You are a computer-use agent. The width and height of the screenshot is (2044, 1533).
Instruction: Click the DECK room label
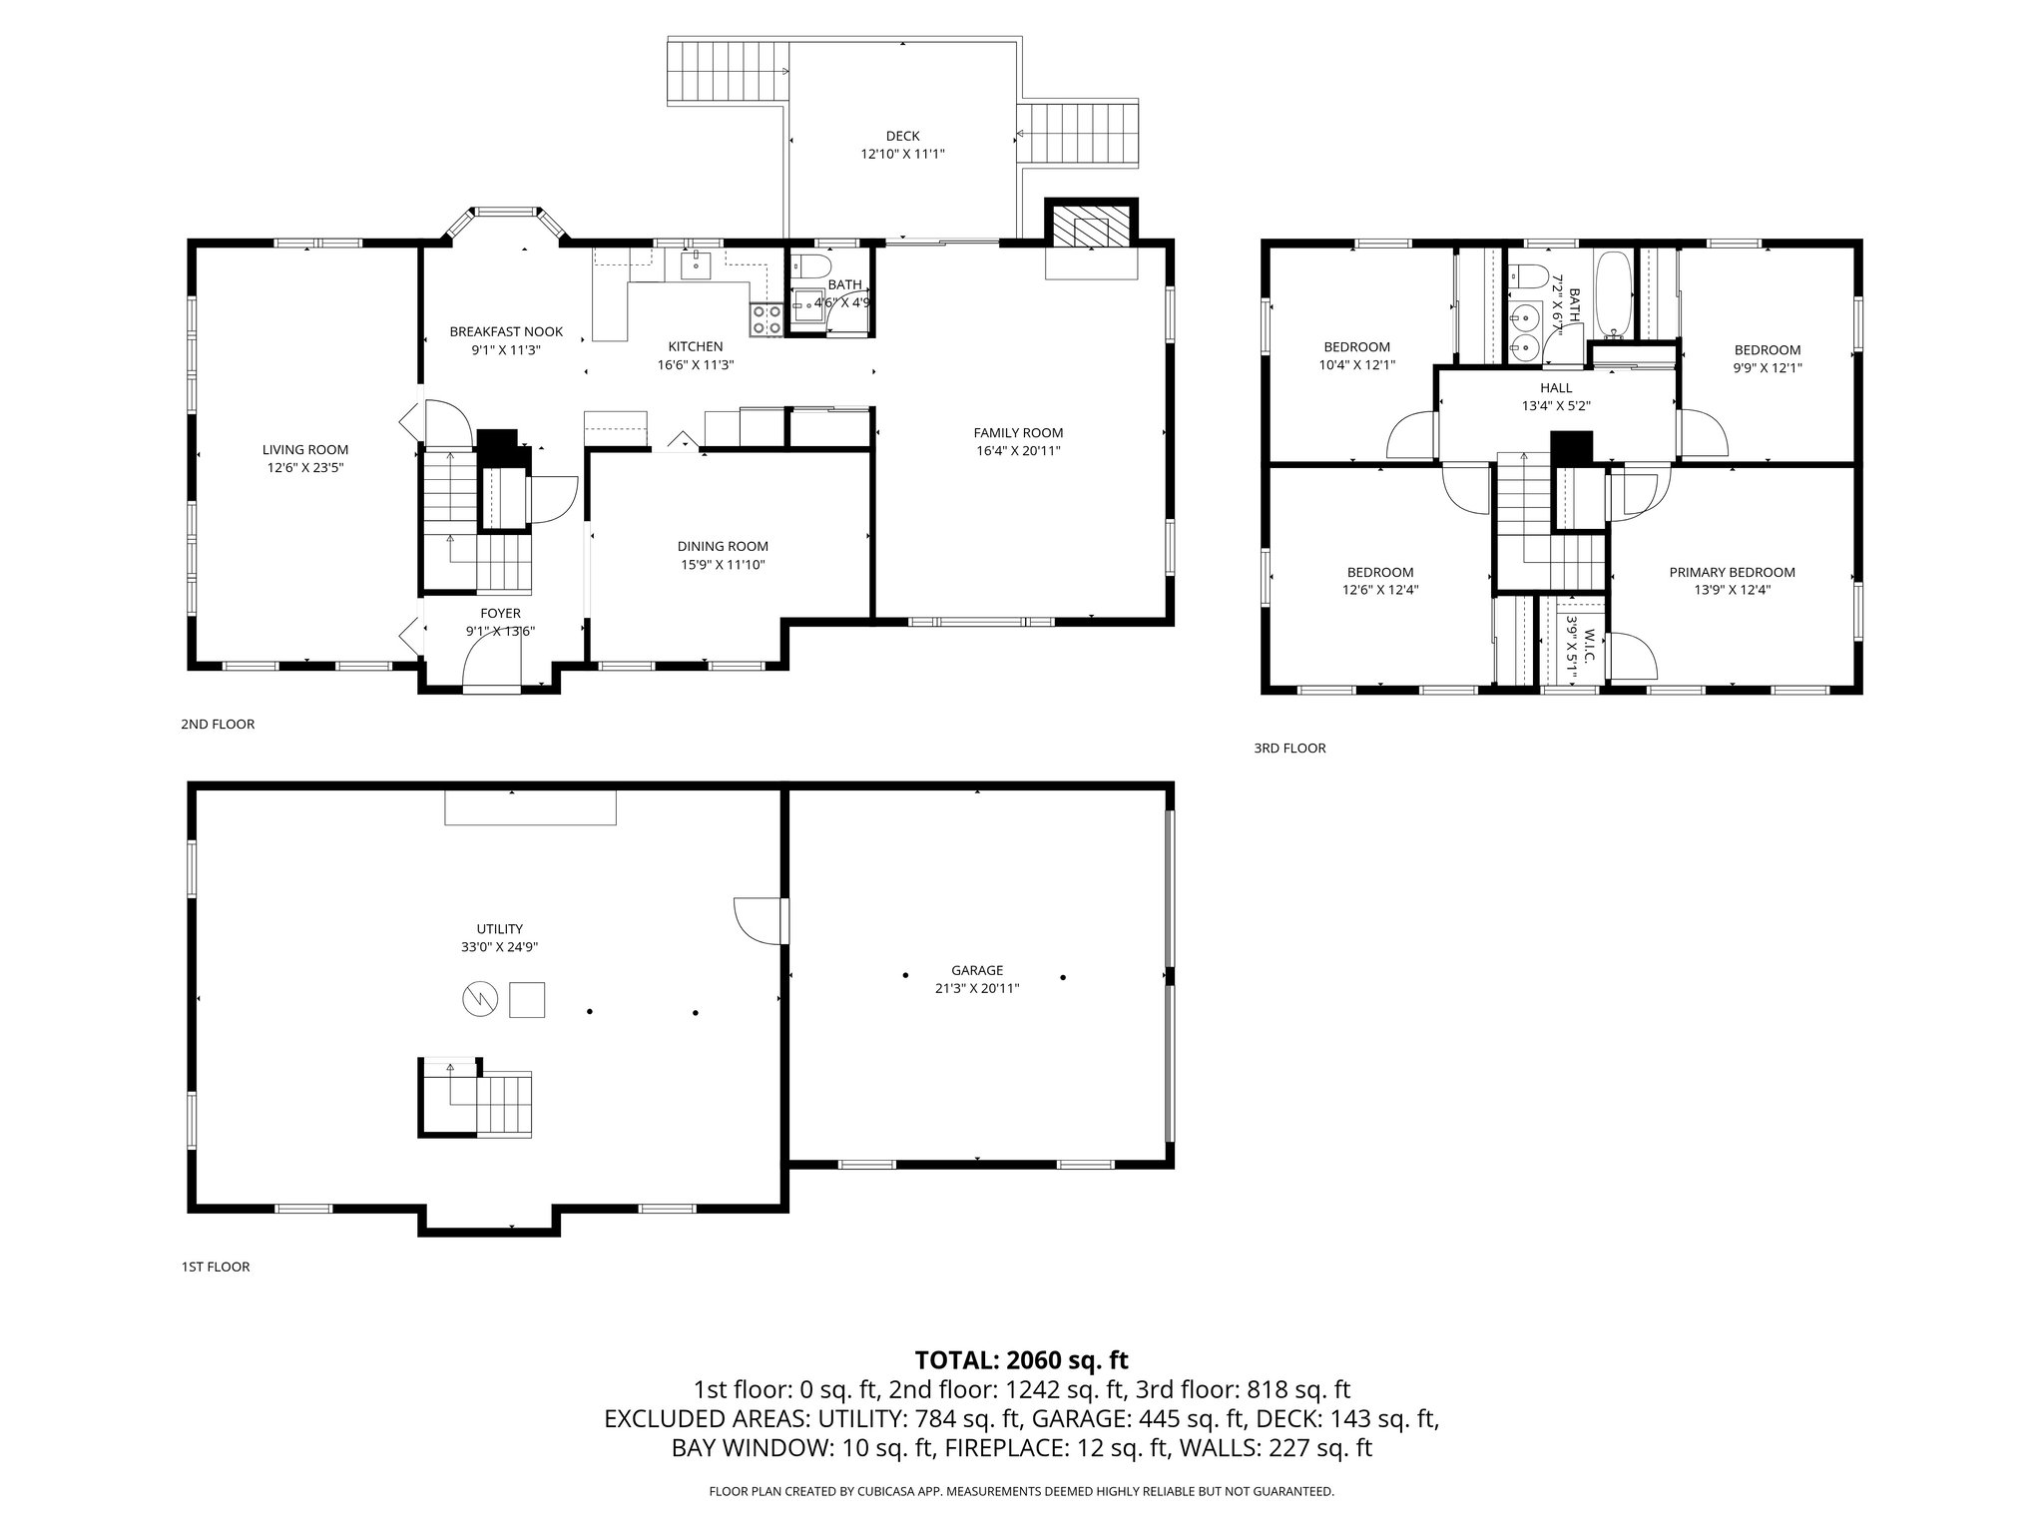point(902,136)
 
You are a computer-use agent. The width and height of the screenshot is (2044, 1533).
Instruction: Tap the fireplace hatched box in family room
point(1091,227)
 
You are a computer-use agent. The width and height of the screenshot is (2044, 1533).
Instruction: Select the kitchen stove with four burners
point(766,319)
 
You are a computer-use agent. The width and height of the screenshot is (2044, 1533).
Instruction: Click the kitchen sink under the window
point(696,264)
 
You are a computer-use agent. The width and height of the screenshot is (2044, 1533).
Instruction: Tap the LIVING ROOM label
point(305,450)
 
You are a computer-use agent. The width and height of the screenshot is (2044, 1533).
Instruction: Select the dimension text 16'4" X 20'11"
point(1018,450)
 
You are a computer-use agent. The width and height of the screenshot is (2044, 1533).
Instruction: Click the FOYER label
point(500,613)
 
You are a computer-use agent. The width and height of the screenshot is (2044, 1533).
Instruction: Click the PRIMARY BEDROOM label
point(1732,572)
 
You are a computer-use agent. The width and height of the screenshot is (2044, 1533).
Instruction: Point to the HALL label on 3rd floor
point(1555,388)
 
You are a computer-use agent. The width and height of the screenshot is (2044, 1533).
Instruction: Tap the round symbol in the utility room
point(479,998)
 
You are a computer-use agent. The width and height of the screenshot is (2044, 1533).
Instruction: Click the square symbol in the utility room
point(527,999)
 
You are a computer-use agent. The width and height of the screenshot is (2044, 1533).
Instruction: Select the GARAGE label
point(976,970)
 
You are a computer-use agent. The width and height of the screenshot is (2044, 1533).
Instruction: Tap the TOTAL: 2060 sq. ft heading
point(1021,1359)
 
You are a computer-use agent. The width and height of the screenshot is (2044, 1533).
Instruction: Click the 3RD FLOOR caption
point(1289,748)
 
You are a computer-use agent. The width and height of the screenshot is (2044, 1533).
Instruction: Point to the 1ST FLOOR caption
point(215,1267)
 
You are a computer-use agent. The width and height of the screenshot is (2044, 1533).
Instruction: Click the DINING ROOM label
point(723,546)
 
